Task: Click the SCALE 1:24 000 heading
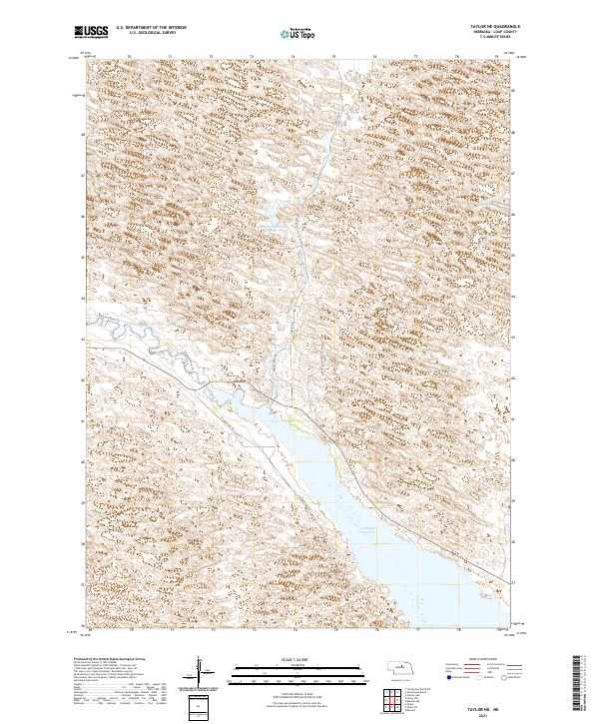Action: [x=299, y=656]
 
